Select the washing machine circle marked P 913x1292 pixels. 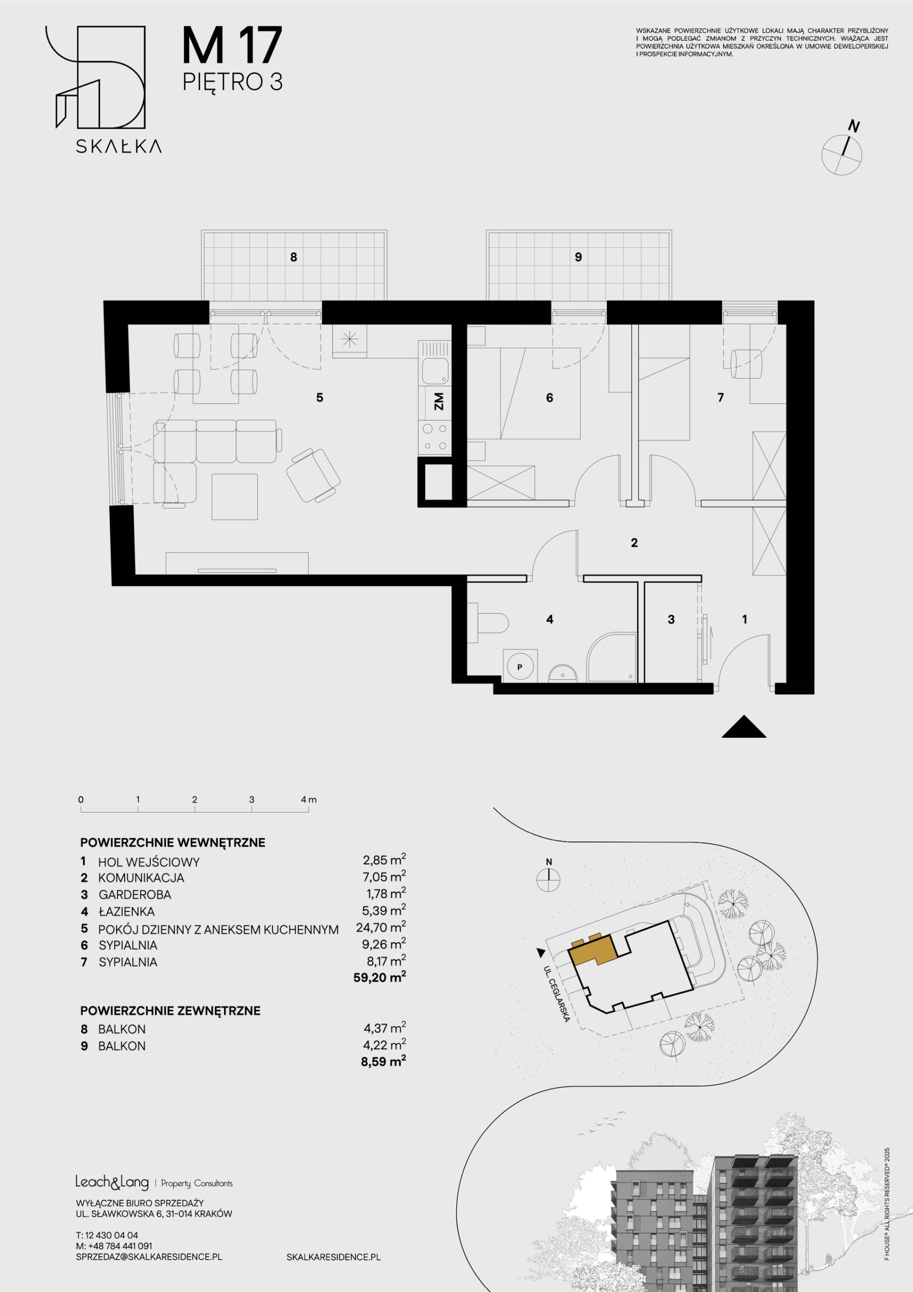tap(520, 667)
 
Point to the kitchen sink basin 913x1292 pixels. tap(435, 371)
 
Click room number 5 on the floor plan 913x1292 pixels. tap(319, 398)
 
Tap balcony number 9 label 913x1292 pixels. tap(578, 257)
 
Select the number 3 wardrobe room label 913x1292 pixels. tap(671, 620)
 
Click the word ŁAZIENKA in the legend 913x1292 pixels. tap(127, 911)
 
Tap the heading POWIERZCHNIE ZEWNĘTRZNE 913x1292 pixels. tap(170, 1010)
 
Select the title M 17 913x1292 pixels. tap(231, 47)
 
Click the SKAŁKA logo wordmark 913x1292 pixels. tap(119, 146)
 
